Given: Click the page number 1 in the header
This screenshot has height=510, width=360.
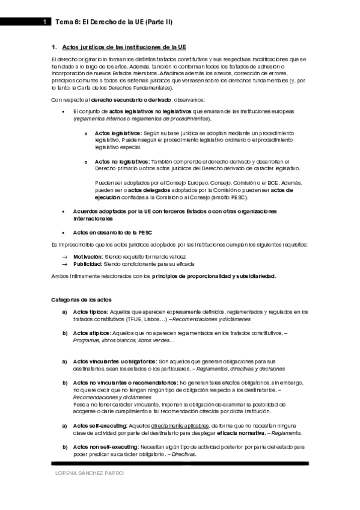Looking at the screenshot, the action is [44, 22].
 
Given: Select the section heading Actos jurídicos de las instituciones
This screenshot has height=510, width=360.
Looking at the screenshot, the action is [124, 46].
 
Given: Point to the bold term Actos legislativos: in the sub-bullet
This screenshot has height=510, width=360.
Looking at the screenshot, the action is [117, 132].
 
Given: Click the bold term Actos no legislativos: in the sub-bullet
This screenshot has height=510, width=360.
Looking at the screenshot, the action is [122, 162].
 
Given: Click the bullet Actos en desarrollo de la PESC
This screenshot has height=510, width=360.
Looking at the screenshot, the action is [112, 232].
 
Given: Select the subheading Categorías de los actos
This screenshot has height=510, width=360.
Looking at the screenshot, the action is [81, 300].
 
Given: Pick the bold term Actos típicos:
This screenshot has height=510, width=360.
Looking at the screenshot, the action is [90, 312].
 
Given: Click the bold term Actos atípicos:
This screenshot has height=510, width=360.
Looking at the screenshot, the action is [91, 333].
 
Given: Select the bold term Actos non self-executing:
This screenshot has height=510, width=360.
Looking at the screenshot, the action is [105, 447].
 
